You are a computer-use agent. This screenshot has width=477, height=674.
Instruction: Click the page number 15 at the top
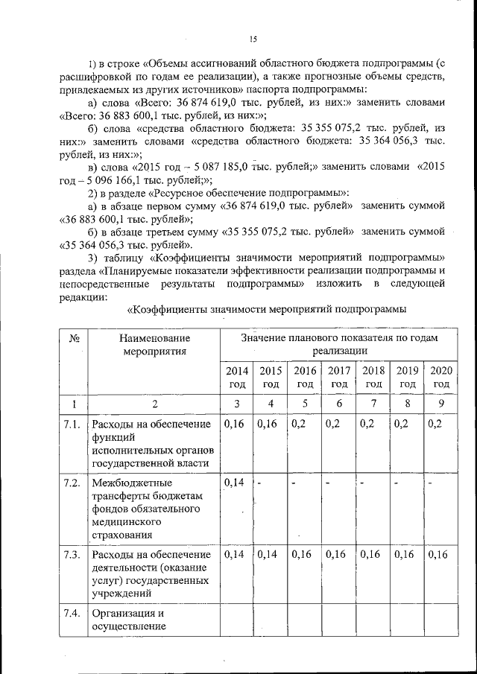point(253,39)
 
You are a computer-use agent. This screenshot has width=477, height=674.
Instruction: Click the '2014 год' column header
point(236,377)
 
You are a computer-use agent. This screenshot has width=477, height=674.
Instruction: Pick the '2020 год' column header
point(441,377)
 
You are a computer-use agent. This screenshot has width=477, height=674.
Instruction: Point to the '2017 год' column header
point(339,377)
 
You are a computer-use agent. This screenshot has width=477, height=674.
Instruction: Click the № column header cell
point(74,339)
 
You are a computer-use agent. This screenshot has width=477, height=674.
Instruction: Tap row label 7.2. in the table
point(73,483)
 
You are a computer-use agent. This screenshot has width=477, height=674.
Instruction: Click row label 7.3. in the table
point(73,555)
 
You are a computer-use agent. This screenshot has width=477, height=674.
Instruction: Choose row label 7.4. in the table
point(73,614)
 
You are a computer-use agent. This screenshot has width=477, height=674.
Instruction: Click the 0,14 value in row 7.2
point(234,483)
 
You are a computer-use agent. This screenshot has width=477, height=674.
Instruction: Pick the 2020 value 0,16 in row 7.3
point(440,555)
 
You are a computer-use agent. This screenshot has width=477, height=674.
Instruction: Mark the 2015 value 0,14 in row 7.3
point(269,555)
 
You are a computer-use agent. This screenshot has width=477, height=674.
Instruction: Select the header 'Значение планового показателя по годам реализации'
point(339,345)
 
